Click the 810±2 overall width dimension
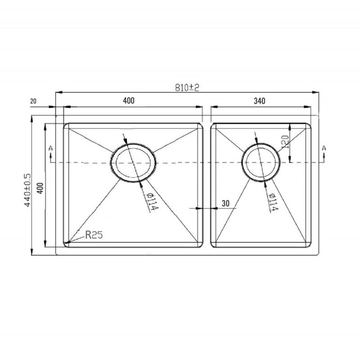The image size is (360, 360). click(x=187, y=88)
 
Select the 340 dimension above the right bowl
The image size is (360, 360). click(x=260, y=101)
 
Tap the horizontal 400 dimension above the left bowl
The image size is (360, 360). click(x=129, y=100)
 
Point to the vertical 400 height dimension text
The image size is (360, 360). click(x=40, y=188)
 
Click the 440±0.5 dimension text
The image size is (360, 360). click(x=27, y=190)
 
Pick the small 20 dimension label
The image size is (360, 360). click(x=33, y=101)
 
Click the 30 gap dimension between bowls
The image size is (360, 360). click(x=226, y=203)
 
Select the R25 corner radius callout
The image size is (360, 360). click(x=94, y=235)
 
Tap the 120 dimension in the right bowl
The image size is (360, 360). click(x=285, y=142)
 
